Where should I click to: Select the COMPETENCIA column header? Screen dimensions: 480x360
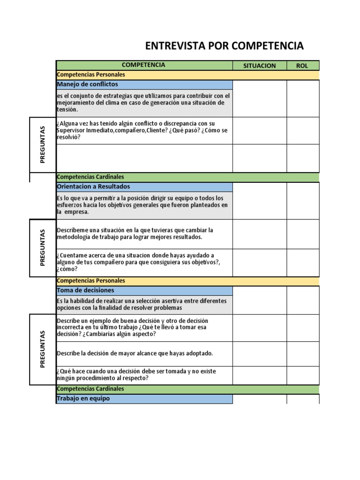(143, 65)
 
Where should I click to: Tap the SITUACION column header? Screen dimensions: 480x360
(259, 66)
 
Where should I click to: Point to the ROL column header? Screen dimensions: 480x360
(302, 66)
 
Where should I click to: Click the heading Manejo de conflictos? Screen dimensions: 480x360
(87, 84)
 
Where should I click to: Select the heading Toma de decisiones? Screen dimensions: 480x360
(85, 291)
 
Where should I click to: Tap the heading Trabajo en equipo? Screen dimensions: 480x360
(82, 399)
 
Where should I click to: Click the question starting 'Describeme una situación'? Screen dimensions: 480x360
(135, 233)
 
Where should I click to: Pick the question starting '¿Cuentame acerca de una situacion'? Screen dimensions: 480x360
(138, 262)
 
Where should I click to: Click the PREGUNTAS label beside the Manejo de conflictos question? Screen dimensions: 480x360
(43, 144)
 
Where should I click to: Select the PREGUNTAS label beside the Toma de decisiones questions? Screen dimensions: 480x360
(43, 349)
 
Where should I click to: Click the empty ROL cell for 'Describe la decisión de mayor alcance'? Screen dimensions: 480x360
(303, 353)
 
